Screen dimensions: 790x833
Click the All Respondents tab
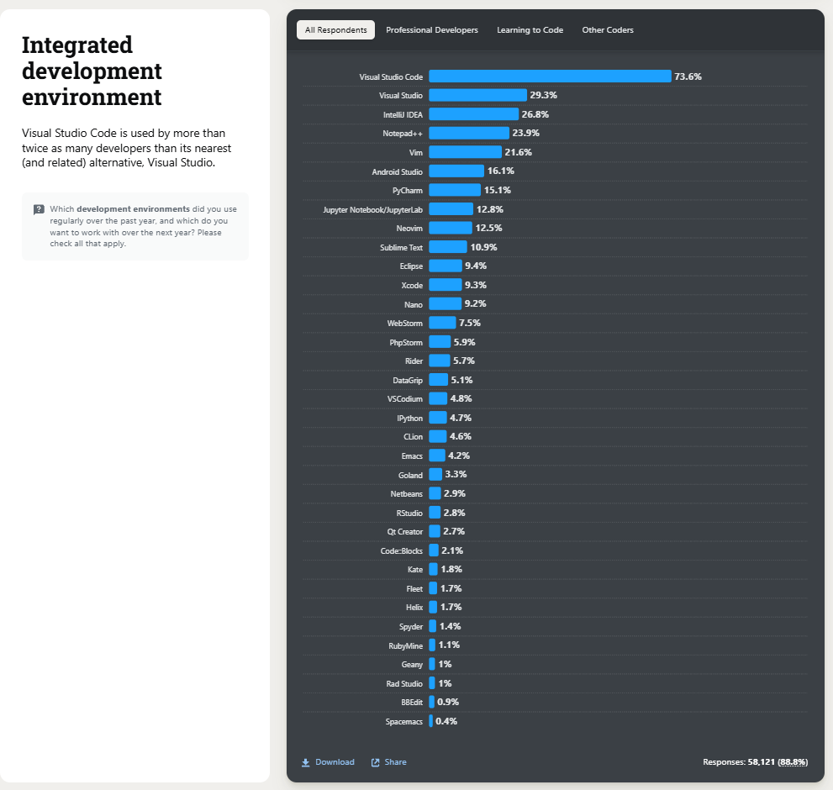click(335, 30)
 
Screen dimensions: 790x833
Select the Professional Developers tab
click(432, 30)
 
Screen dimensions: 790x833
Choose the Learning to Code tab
click(530, 30)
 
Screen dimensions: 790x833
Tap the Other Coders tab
click(608, 30)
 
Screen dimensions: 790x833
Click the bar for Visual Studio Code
click(550, 76)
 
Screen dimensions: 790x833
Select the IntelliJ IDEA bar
click(473, 114)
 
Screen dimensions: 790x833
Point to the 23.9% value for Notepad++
click(525, 133)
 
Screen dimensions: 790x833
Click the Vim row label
click(415, 152)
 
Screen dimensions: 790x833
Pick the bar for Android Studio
click(456, 171)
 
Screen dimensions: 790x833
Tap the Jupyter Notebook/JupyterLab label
click(372, 209)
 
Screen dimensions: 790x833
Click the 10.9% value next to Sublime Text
click(483, 247)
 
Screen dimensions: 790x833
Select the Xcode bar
click(445, 285)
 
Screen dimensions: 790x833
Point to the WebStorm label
click(405, 323)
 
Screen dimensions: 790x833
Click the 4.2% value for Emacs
click(459, 456)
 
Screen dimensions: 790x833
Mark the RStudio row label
click(409, 513)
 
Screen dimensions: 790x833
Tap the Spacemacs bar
click(430, 721)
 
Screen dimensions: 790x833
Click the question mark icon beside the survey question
click(39, 209)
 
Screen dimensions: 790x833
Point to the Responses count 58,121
click(761, 762)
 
